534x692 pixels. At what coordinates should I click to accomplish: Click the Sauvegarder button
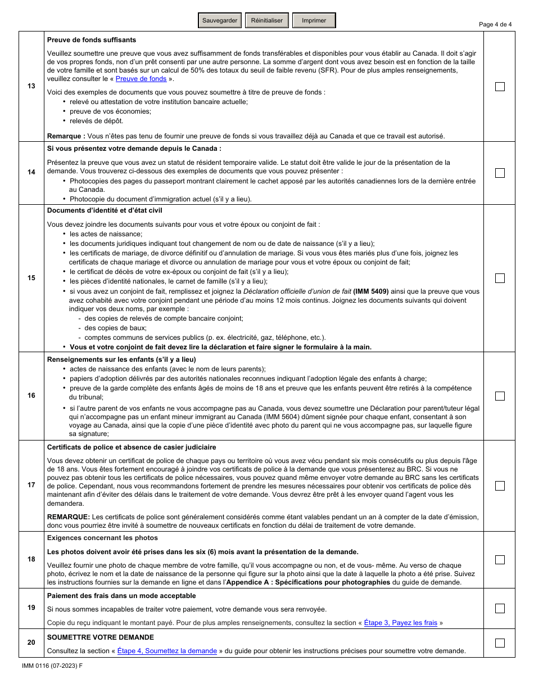(x=220, y=21)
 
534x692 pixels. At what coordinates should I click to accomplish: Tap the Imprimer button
(x=314, y=21)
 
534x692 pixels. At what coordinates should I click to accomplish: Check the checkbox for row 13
(x=500, y=87)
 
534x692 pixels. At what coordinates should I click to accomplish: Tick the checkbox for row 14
(x=500, y=173)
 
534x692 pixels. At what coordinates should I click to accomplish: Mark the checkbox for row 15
(x=500, y=278)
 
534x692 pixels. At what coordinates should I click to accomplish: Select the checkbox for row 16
(x=500, y=396)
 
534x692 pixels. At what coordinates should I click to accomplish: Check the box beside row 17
(x=500, y=486)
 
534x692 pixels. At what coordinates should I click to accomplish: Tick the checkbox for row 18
(x=500, y=560)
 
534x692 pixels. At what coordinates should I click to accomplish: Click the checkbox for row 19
(x=500, y=608)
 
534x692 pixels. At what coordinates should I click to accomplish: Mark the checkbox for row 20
(x=500, y=643)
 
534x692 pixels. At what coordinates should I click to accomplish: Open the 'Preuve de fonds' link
(x=141, y=79)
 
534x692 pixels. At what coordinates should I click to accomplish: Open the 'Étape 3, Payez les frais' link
(x=400, y=623)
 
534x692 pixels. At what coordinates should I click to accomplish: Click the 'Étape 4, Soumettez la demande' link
(x=167, y=651)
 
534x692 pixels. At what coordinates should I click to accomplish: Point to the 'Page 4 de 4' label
(x=495, y=24)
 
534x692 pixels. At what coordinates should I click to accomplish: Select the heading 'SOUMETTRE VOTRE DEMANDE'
(x=101, y=637)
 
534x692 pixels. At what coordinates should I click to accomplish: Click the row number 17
(x=31, y=486)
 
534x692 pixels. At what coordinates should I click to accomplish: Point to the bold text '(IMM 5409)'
(x=371, y=291)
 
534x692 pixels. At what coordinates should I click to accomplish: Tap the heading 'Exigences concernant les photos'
(x=102, y=538)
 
